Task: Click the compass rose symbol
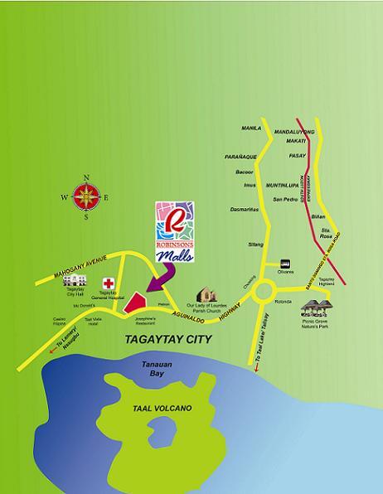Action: (x=85, y=197)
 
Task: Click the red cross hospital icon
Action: (x=108, y=283)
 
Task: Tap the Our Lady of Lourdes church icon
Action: (x=206, y=294)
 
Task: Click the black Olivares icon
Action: (x=284, y=262)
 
